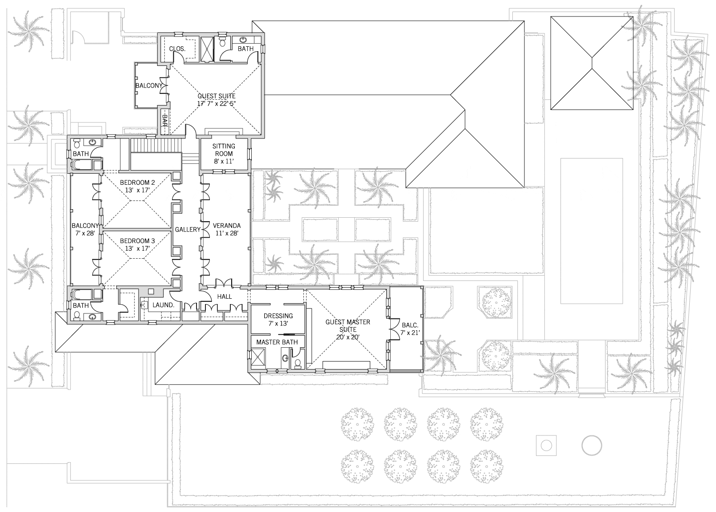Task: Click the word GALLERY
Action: [188, 229]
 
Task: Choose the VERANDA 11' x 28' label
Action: [227, 229]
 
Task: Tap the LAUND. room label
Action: [164, 305]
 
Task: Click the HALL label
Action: [225, 297]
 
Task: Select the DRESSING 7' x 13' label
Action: [278, 319]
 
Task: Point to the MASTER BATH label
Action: [277, 342]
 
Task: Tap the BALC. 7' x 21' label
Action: [410, 329]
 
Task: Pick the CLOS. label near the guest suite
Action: [177, 49]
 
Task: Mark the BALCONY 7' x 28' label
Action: [85, 229]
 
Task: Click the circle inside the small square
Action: [546, 445]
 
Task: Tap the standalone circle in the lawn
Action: [592, 445]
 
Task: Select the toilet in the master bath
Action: [298, 364]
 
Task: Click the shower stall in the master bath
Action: [258, 358]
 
